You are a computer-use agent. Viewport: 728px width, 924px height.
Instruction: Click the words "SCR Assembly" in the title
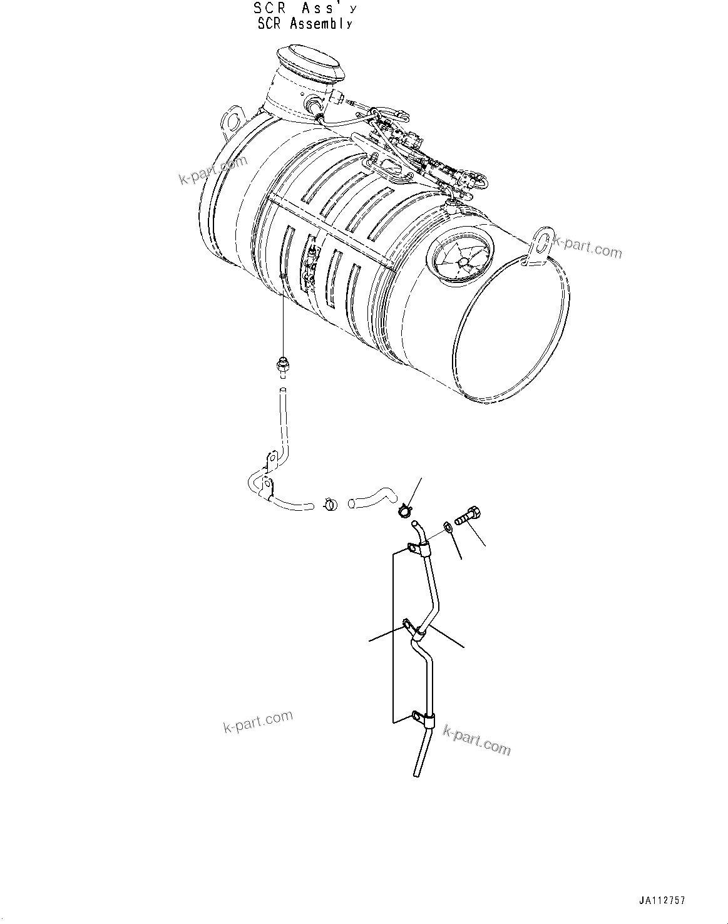(x=305, y=24)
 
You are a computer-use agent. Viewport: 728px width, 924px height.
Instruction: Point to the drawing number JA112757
(x=662, y=901)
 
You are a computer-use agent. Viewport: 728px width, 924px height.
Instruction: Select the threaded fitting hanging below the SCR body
(x=282, y=364)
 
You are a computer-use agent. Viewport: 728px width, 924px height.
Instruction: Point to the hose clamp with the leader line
(x=404, y=511)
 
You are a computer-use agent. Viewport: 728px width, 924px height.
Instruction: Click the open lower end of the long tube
(x=417, y=774)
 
